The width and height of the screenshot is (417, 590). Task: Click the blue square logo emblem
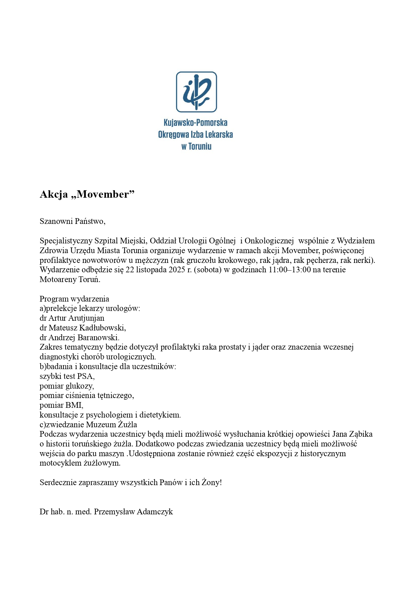[196, 92]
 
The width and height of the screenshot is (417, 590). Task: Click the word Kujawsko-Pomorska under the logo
[195, 122]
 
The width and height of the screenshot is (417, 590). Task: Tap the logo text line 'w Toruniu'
[196, 146]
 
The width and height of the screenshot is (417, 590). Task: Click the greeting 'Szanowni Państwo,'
[73, 221]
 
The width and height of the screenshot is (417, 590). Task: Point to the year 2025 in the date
[177, 270]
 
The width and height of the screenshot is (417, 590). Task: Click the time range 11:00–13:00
[290, 270]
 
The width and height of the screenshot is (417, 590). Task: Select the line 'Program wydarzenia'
[74, 299]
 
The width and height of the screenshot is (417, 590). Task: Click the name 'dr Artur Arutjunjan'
[72, 318]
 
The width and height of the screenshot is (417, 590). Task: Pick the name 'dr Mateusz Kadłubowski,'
[83, 328]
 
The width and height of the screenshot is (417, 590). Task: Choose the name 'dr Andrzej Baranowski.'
[80, 337]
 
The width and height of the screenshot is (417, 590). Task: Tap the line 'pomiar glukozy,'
[67, 386]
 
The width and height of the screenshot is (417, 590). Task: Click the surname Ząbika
[360, 434]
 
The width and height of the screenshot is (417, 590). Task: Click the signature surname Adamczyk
[156, 512]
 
